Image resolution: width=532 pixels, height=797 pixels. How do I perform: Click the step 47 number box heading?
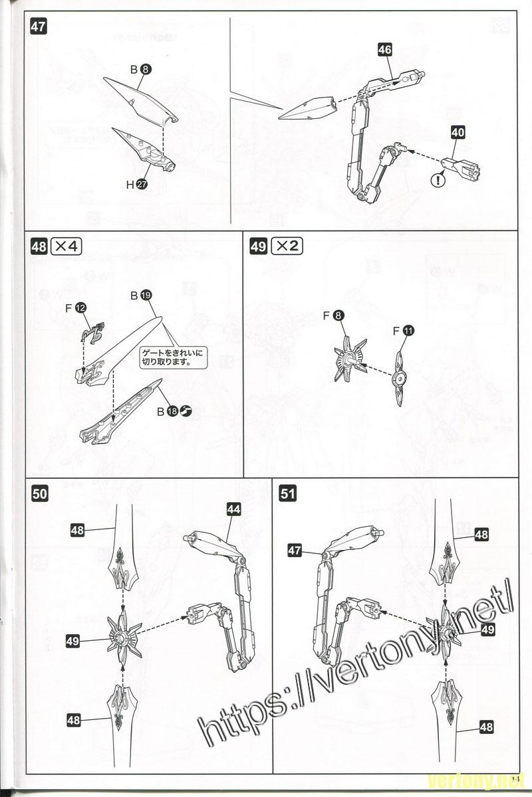(x=39, y=29)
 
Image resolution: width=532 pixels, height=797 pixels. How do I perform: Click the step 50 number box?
(x=39, y=493)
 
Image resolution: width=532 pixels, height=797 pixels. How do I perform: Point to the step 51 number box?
(x=288, y=493)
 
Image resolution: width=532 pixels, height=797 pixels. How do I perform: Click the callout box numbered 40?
(x=458, y=132)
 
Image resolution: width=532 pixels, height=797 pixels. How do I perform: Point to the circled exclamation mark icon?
(x=438, y=179)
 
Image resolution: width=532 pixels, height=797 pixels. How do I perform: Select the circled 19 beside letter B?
(x=146, y=295)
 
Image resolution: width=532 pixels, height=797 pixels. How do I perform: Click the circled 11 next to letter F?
(x=408, y=329)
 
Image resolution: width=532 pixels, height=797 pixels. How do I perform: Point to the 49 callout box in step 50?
(x=74, y=640)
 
